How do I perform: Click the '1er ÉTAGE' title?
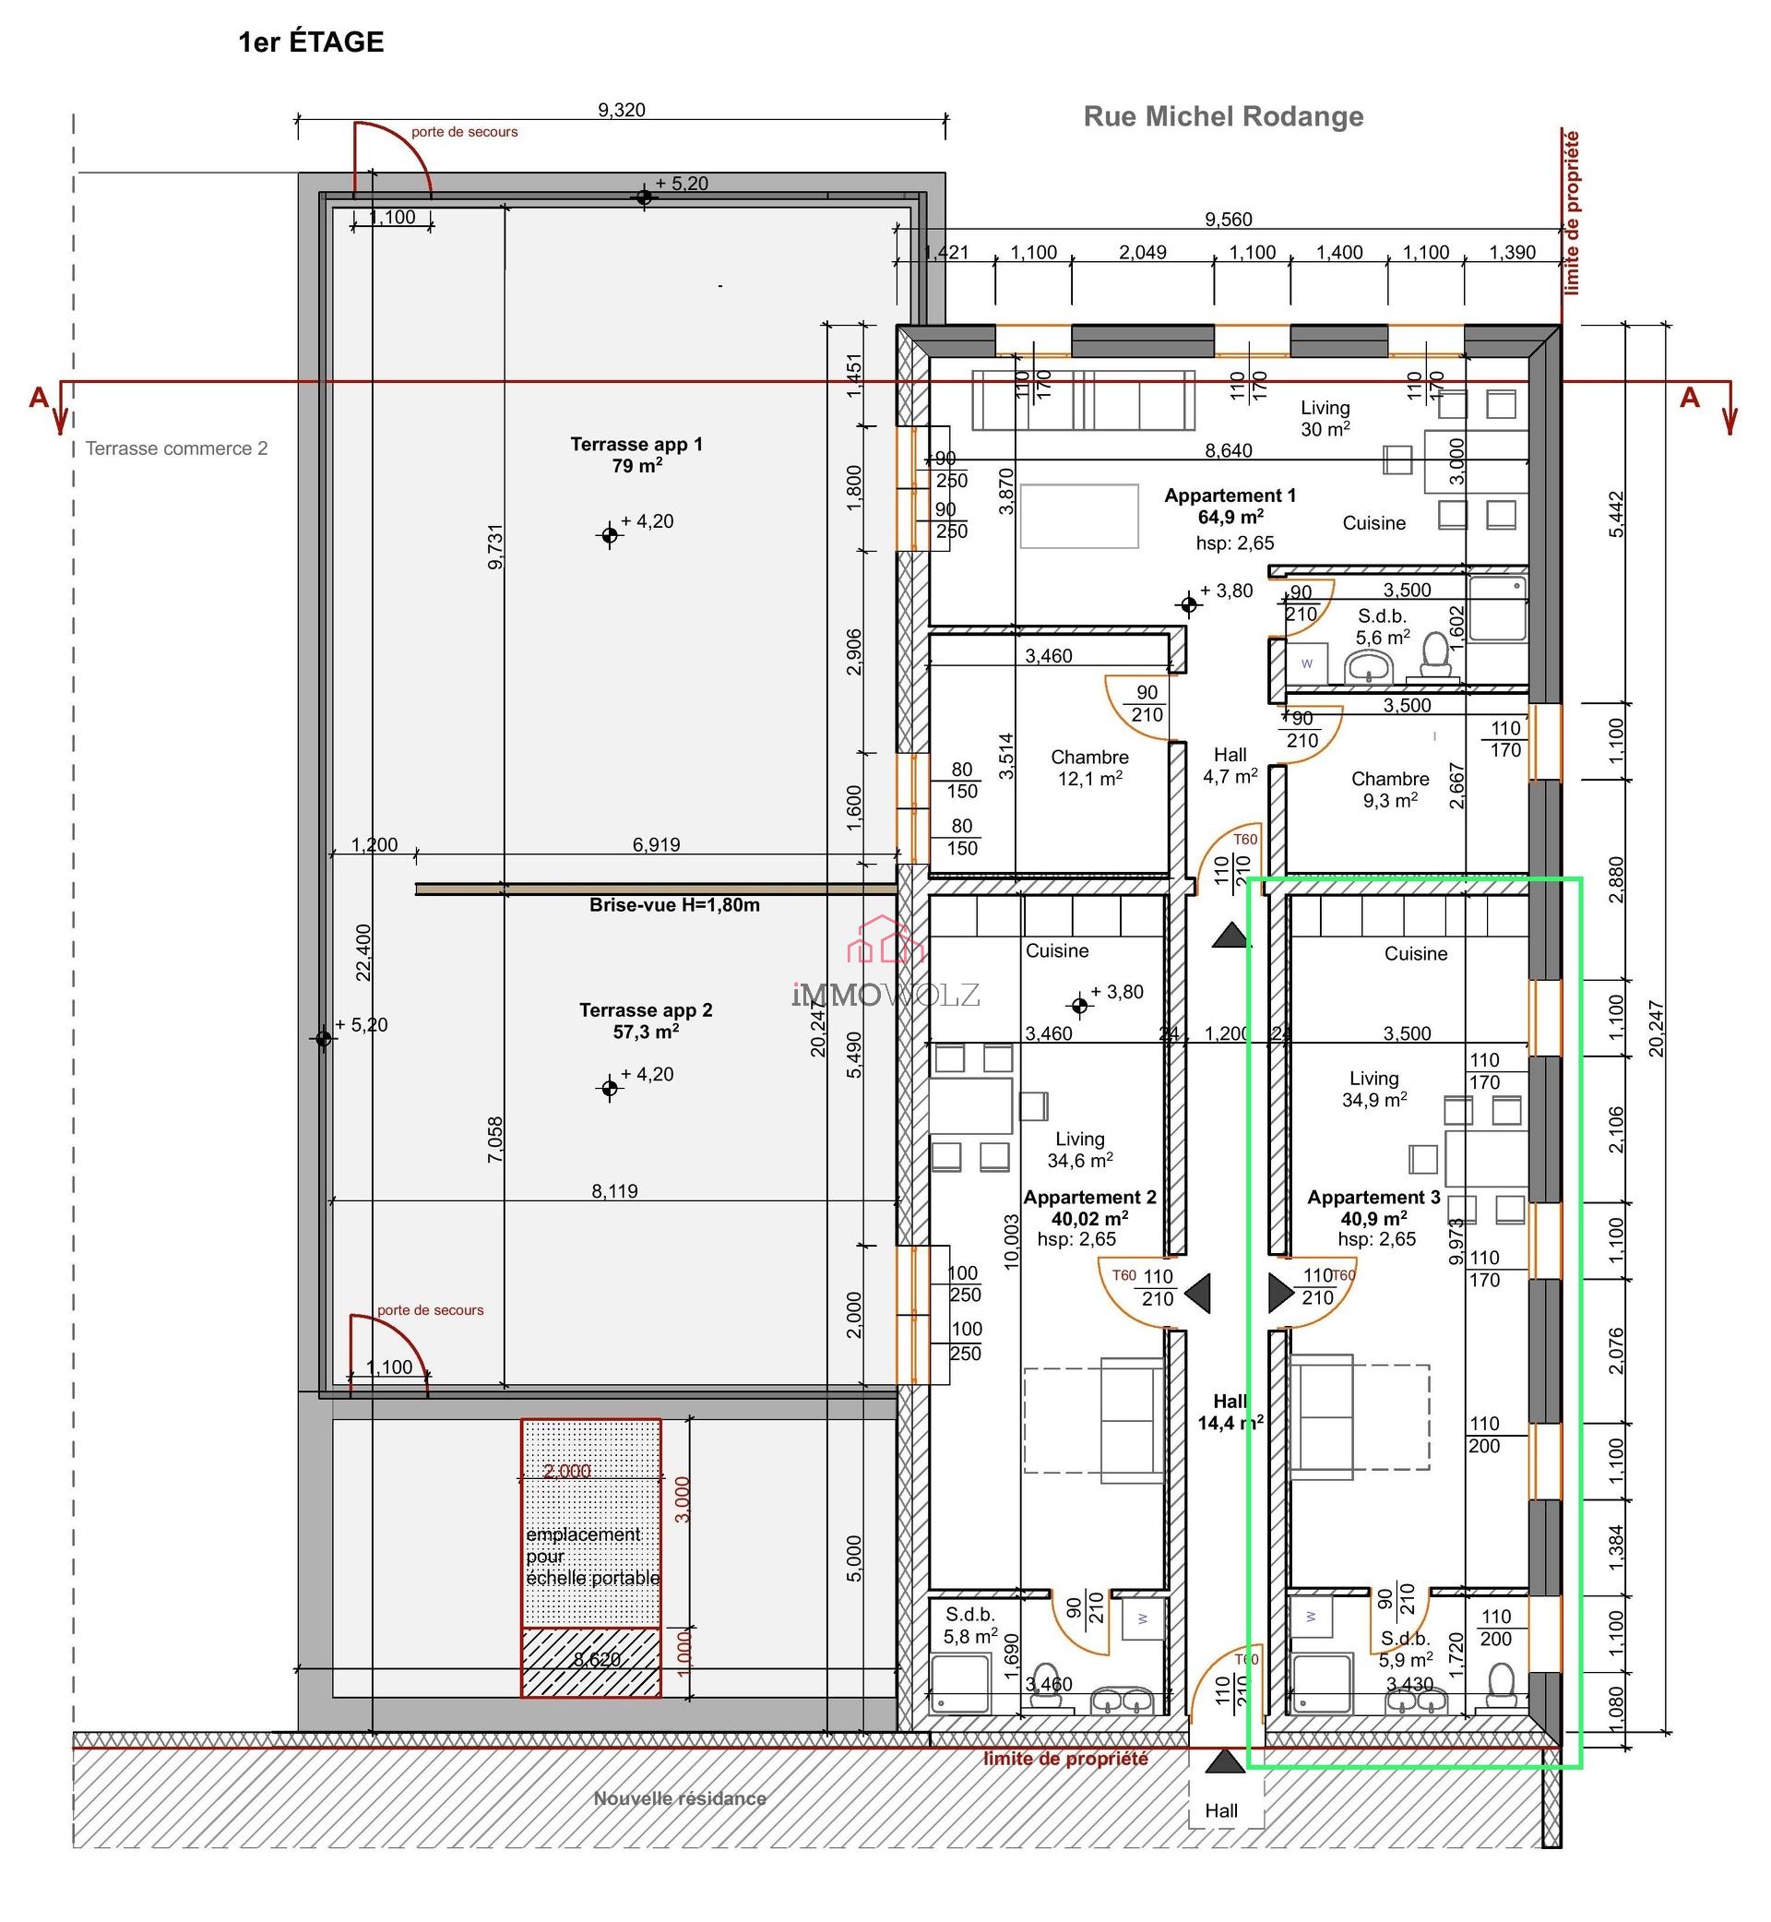tap(311, 42)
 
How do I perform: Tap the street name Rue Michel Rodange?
tap(1223, 117)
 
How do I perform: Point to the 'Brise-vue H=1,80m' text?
tap(673, 905)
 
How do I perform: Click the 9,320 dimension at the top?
tap(621, 110)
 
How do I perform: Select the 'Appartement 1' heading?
tap(1230, 495)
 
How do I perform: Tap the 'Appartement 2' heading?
tap(1089, 1198)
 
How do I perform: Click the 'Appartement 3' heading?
tap(1373, 1198)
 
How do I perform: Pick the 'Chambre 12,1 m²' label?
tap(1089, 768)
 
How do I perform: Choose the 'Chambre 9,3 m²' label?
tap(1389, 789)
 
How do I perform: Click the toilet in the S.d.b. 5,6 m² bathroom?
tap(1434, 655)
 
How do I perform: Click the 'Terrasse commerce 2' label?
tap(176, 448)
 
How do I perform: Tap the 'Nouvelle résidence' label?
tap(680, 1798)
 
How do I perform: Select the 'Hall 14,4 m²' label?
tap(1230, 1412)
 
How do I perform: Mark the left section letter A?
tap(39, 398)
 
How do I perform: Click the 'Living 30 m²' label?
tap(1325, 419)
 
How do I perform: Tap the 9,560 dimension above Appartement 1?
tap(1228, 220)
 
